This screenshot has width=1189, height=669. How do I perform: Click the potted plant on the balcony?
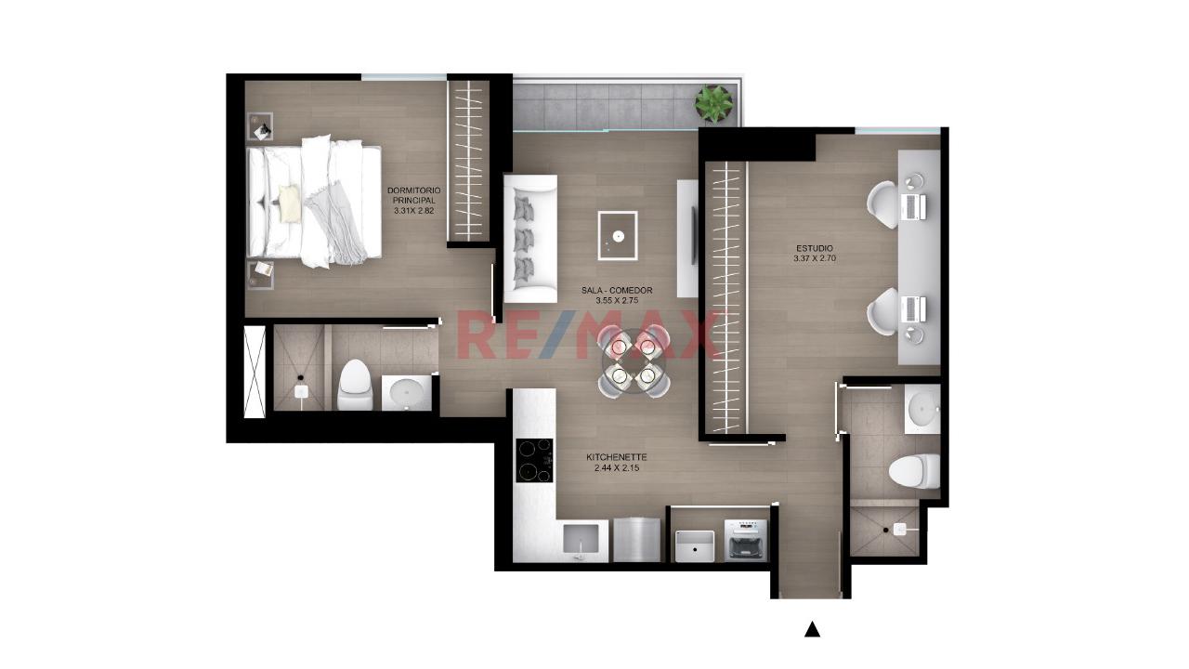click(714, 103)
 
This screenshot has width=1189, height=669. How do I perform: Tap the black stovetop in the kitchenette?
click(534, 460)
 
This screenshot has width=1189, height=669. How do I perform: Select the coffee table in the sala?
click(618, 236)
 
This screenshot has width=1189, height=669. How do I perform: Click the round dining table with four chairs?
click(634, 362)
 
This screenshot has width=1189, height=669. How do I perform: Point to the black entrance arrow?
click(812, 630)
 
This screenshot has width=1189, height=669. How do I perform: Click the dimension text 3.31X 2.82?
click(414, 211)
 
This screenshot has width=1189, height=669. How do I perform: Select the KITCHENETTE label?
click(617, 457)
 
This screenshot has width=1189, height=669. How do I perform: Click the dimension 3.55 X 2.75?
click(617, 300)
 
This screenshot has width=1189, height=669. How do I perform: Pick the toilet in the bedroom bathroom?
click(355, 385)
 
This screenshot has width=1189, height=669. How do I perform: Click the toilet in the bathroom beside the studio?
click(914, 471)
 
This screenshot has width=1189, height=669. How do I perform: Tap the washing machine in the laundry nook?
click(746, 540)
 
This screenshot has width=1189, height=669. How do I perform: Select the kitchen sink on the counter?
click(581, 540)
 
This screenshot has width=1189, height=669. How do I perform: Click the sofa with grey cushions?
click(530, 239)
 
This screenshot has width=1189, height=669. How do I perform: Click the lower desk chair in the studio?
click(882, 311)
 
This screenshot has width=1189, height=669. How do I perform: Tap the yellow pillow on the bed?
click(290, 203)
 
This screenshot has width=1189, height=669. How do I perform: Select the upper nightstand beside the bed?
click(261, 126)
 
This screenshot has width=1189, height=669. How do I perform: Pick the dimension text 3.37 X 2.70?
click(815, 258)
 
